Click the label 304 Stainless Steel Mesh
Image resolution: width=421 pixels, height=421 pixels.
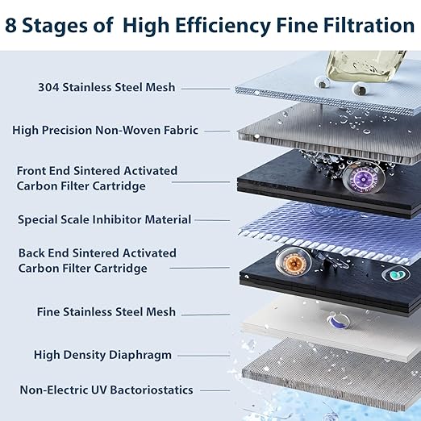pos(106,88)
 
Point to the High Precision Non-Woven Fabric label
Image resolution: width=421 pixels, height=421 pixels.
pos(105,130)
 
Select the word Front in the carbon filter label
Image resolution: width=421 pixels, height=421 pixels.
pos(34,171)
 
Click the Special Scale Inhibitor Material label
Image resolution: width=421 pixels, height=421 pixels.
pos(104,219)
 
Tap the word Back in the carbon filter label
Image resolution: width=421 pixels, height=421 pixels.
pos(33,253)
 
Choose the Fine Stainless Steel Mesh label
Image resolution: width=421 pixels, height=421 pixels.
pos(106,311)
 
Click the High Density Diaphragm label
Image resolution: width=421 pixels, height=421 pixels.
pos(102,355)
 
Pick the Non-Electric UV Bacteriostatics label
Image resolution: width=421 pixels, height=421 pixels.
pos(106,390)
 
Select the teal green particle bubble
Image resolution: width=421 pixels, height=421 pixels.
pos(395,274)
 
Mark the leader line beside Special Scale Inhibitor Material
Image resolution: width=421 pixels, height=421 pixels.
pos(212,219)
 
